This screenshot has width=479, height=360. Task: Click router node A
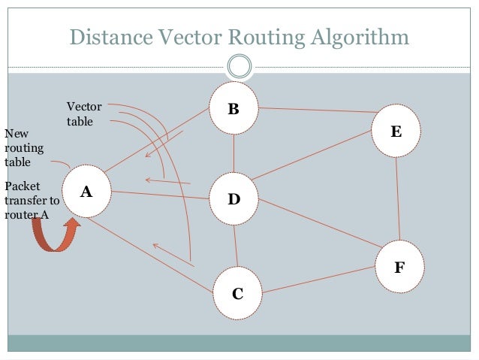(86, 192)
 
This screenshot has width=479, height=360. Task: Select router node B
(233, 109)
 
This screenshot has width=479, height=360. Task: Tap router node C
(237, 292)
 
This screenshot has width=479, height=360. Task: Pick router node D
(233, 199)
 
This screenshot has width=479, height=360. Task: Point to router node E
(396, 132)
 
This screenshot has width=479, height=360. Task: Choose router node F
(399, 266)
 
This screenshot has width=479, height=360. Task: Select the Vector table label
(83, 113)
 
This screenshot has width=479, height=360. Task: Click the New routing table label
(24, 147)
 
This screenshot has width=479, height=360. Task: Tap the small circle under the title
(239, 66)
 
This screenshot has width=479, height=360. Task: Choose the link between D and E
(312, 155)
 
